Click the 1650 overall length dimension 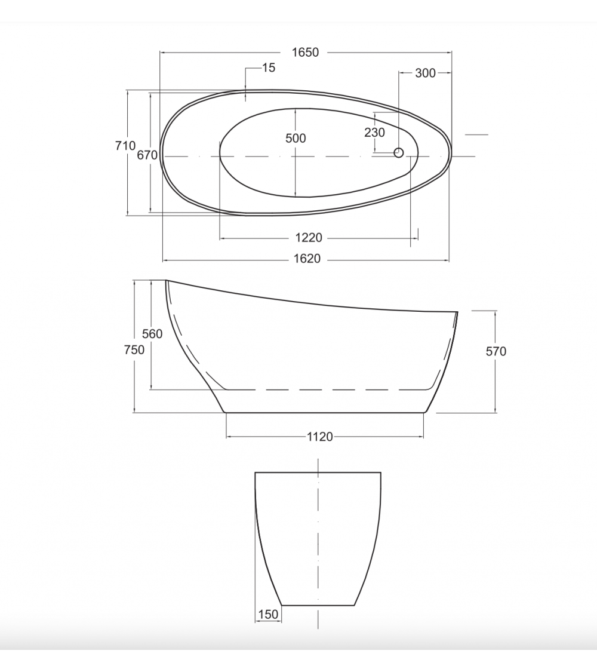click(x=305, y=53)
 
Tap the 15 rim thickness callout click(x=269, y=67)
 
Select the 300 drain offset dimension click(x=425, y=73)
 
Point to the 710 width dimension click(x=125, y=146)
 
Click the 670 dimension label click(x=147, y=155)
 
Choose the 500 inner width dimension click(x=296, y=138)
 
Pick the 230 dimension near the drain click(x=375, y=133)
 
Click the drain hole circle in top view click(x=399, y=152)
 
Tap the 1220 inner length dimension click(x=308, y=237)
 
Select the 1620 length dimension click(x=307, y=259)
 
